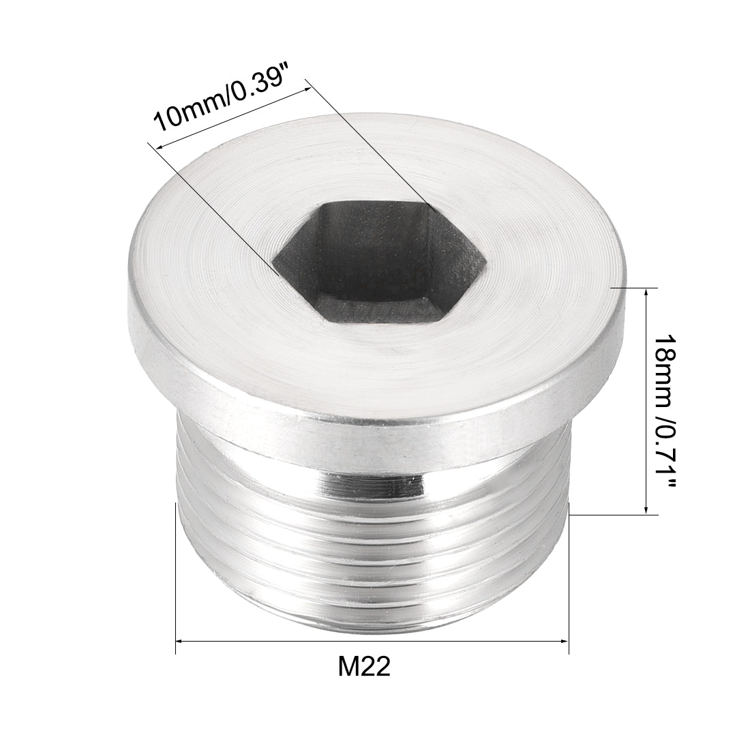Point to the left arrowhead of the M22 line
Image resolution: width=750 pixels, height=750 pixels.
(180, 640)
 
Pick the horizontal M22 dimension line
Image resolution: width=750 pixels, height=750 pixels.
(372, 640)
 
